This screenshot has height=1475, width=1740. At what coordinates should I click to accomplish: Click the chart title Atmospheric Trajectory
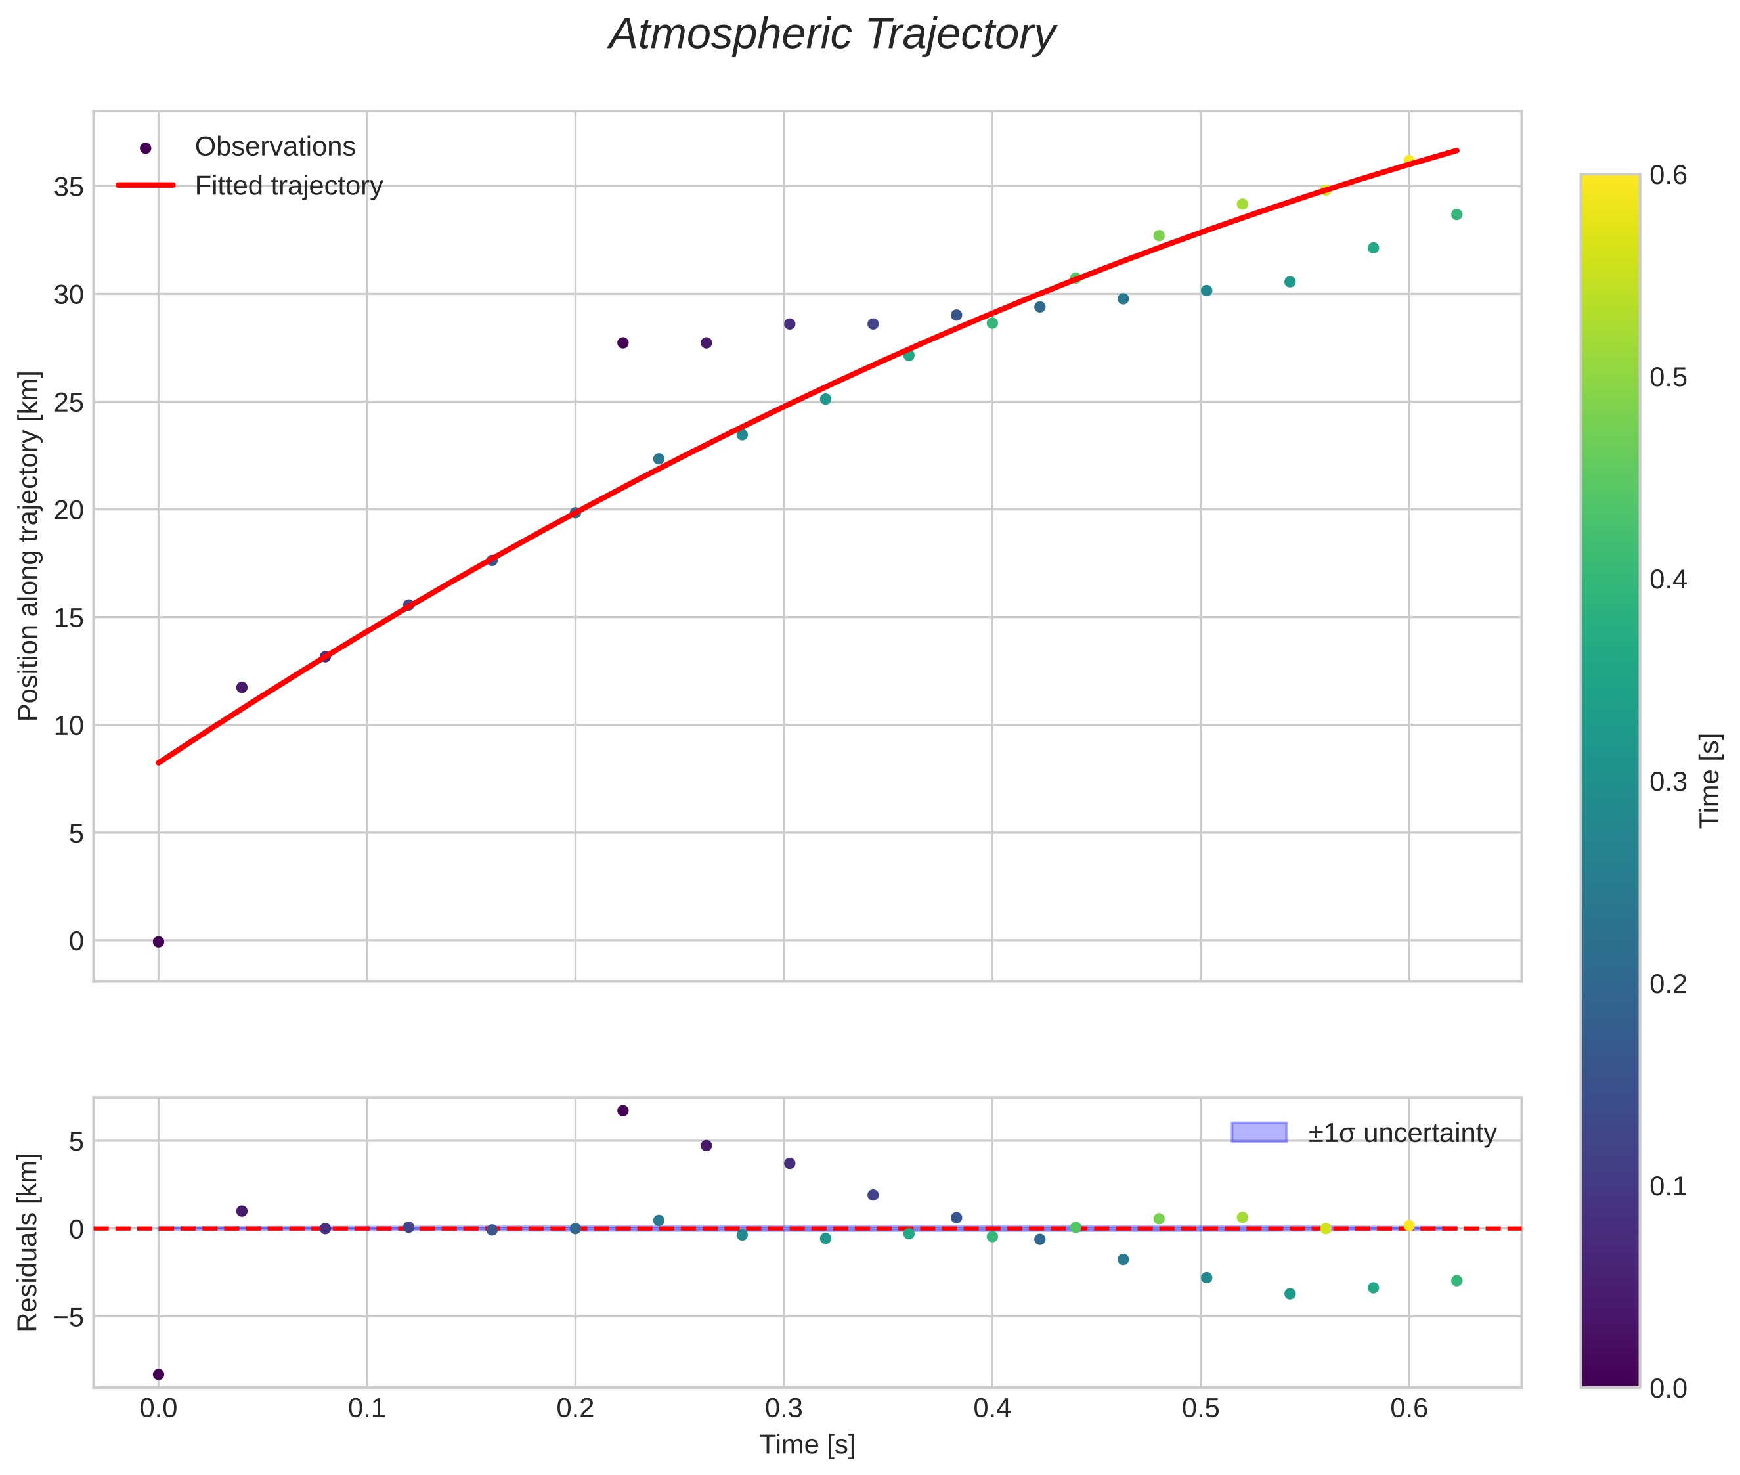(832, 35)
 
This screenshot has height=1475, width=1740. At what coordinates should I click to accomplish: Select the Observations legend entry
(274, 147)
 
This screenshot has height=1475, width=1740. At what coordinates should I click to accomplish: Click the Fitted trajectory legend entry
(288, 186)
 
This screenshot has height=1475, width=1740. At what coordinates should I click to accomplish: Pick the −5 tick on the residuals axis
(65, 1317)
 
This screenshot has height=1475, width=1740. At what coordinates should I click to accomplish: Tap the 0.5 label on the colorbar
(1668, 378)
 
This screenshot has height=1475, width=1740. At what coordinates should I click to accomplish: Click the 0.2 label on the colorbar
(1668, 984)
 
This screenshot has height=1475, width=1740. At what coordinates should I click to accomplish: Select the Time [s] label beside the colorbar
(1710, 780)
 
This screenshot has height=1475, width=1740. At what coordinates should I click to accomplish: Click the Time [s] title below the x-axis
(807, 1445)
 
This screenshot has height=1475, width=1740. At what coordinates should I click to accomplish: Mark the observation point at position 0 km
(158, 942)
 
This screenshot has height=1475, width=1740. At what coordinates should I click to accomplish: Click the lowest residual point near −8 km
(158, 1375)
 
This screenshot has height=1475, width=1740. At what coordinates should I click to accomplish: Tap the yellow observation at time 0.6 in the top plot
(1409, 160)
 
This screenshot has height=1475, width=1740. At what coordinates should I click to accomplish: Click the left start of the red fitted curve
(159, 762)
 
